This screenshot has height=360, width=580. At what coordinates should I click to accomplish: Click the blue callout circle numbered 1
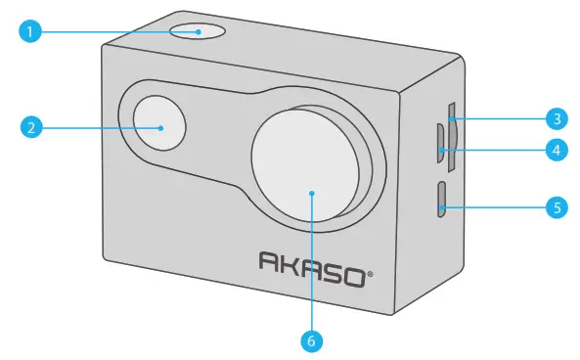pos(32,32)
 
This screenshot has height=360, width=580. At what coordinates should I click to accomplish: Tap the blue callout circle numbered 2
pos(32,128)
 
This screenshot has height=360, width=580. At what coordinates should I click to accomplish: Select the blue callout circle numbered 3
pos(555,120)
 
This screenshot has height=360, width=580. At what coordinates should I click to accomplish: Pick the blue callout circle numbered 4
pos(555,151)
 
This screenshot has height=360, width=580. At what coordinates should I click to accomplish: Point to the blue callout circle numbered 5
pos(555,206)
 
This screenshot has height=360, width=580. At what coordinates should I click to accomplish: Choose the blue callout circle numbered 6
pos(312,341)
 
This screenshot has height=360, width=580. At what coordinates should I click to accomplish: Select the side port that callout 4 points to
pos(441,143)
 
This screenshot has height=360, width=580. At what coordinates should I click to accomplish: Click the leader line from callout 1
pos(117,32)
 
